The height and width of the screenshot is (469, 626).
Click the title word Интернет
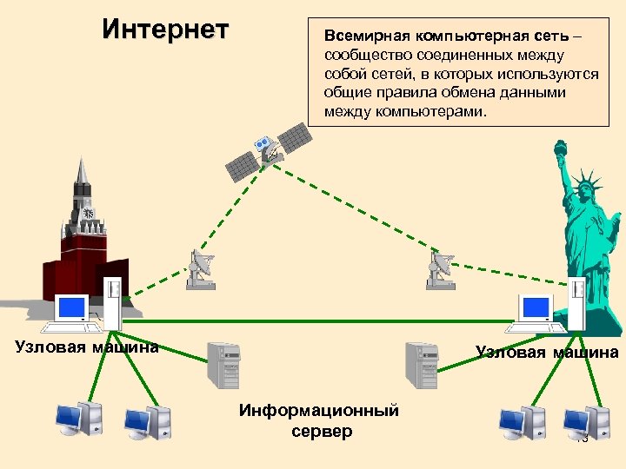(x=165, y=30)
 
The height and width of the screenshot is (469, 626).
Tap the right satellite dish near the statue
(x=441, y=269)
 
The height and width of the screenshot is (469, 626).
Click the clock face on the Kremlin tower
(x=88, y=213)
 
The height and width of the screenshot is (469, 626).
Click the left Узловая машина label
(x=87, y=347)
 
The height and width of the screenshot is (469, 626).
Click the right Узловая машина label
(x=547, y=352)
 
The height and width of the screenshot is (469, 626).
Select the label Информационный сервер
(x=319, y=420)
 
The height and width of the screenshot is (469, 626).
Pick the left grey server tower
(x=222, y=365)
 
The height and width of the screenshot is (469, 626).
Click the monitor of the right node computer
(x=536, y=307)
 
